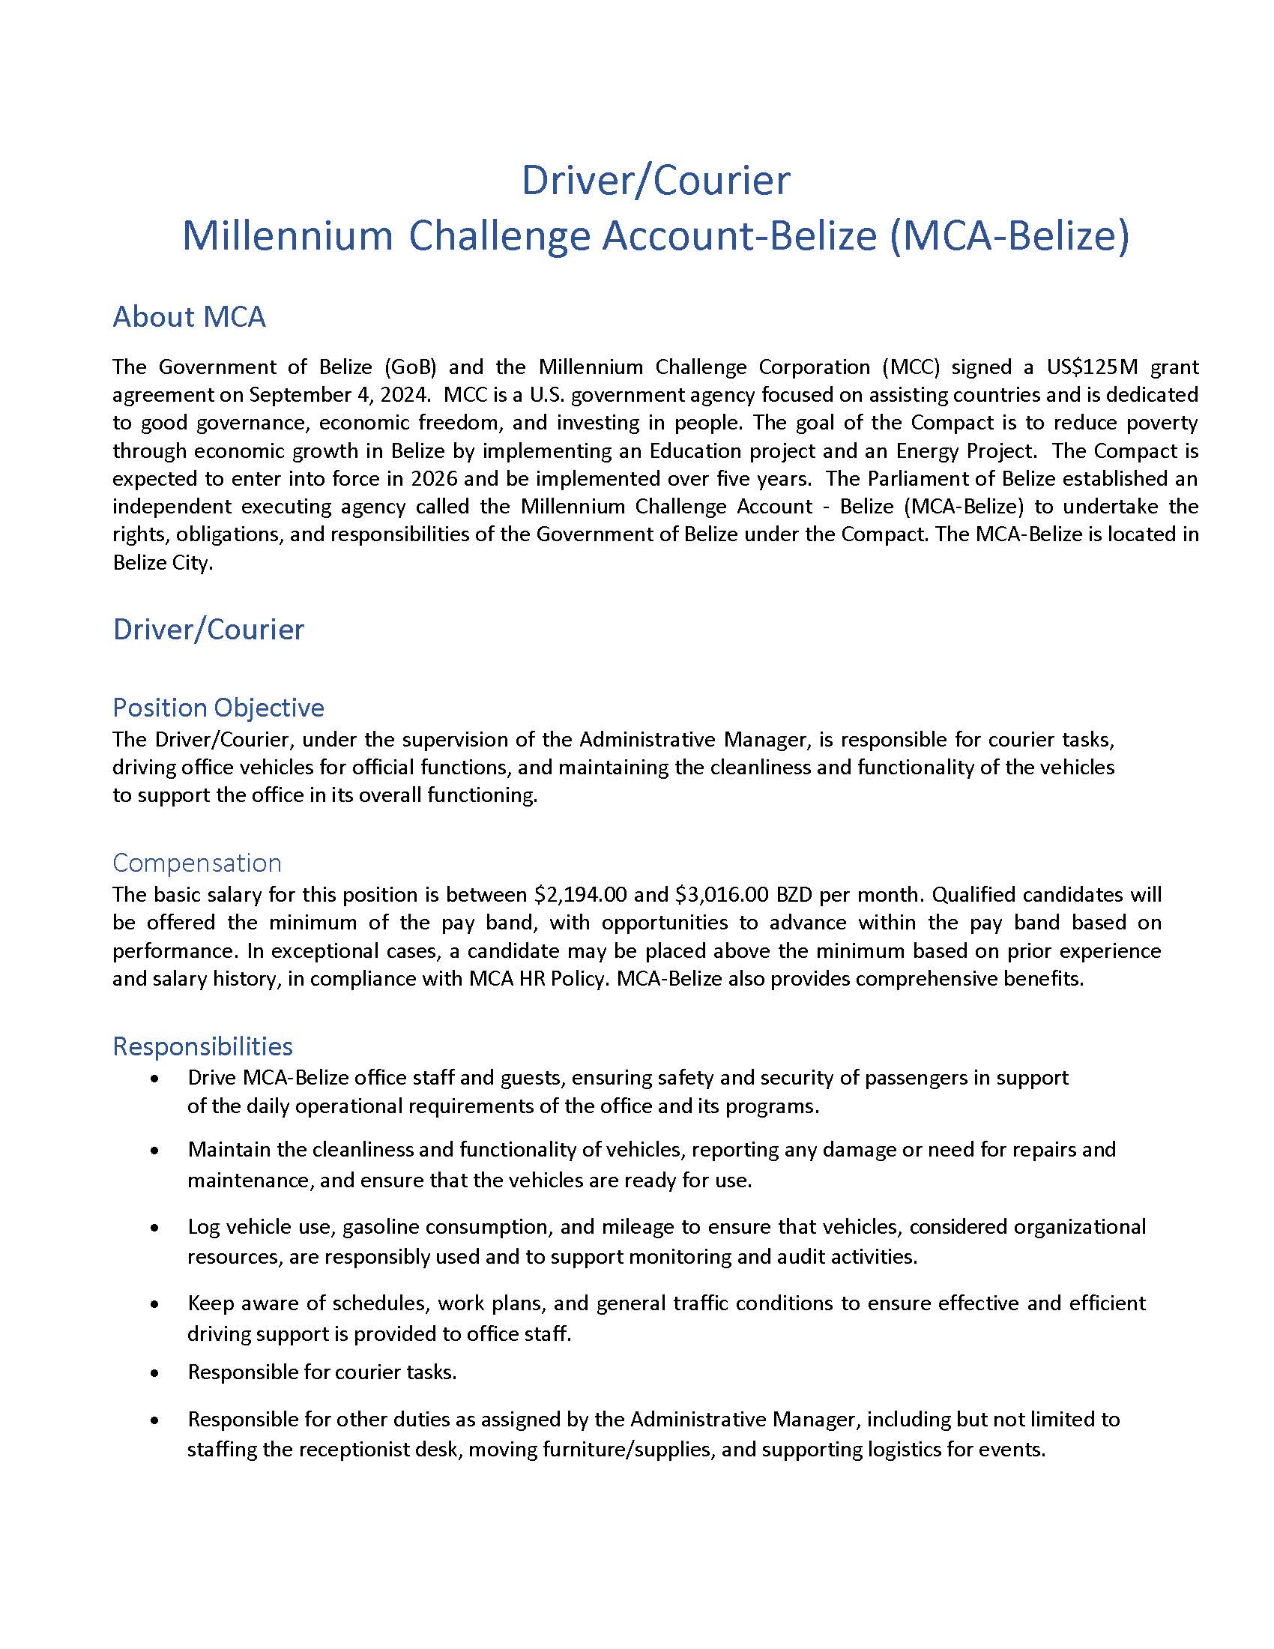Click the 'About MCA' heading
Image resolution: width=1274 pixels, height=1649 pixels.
pyautogui.click(x=189, y=317)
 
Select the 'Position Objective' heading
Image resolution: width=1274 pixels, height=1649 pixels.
pyautogui.click(x=218, y=708)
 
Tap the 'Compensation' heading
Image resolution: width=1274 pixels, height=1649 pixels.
pyautogui.click(x=197, y=863)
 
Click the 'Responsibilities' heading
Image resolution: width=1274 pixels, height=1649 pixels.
pyautogui.click(x=202, y=1046)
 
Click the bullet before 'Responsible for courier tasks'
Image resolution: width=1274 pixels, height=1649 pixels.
pyautogui.click(x=154, y=1372)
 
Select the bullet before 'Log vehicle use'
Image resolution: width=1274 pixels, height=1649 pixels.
pyautogui.click(x=154, y=1228)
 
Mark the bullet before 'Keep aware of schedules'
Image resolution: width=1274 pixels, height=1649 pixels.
pyautogui.click(x=154, y=1304)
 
